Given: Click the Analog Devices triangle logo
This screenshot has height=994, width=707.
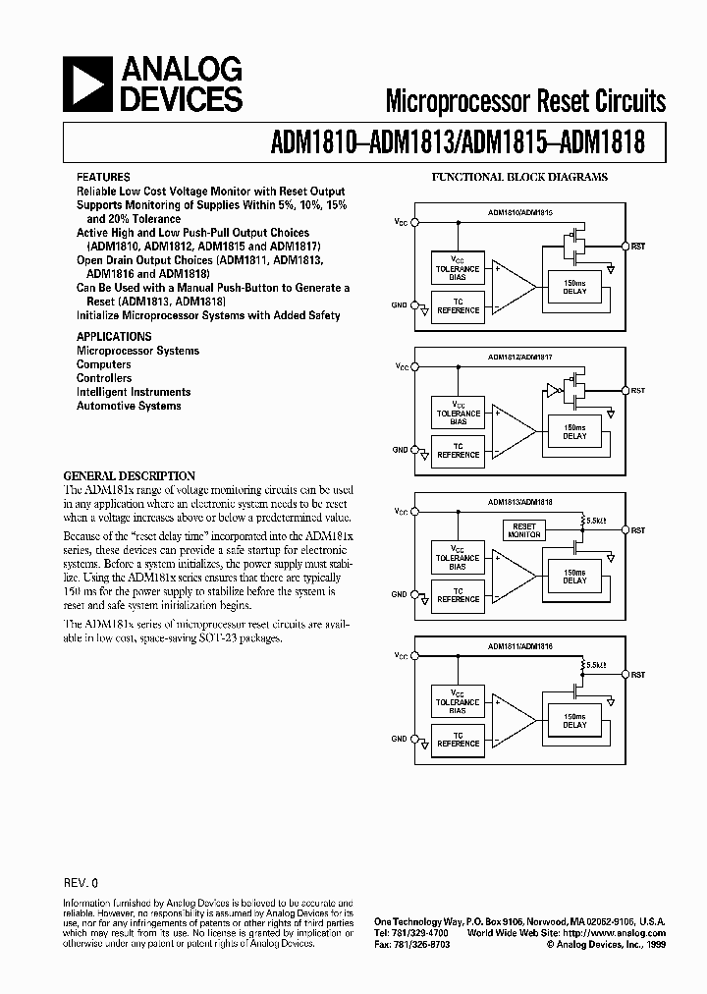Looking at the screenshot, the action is tap(86, 84).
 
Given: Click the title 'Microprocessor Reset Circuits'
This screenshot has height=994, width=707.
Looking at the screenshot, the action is tap(525, 101).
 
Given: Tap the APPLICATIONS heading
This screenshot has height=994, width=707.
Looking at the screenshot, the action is tap(114, 336).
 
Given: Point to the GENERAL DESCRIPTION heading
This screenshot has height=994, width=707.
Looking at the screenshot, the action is tap(130, 475).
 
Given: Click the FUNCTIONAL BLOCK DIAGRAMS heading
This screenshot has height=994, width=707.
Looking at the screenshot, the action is tap(520, 178).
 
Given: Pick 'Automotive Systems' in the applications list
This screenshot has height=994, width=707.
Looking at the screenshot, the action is tap(129, 406).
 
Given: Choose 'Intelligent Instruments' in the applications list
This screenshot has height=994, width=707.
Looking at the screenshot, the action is tap(134, 392).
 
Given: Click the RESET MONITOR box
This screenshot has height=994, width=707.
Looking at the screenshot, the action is tap(524, 528).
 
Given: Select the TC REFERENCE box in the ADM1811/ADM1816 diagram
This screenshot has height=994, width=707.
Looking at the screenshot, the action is tap(458, 740).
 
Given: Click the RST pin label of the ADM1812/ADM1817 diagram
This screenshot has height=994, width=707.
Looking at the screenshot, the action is tap(637, 391).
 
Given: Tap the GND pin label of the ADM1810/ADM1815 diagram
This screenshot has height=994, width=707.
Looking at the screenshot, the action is tap(400, 305).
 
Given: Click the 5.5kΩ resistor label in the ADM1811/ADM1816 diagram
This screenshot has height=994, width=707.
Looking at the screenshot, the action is tap(595, 665).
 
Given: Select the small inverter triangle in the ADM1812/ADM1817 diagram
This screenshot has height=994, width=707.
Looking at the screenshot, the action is tap(552, 391).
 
